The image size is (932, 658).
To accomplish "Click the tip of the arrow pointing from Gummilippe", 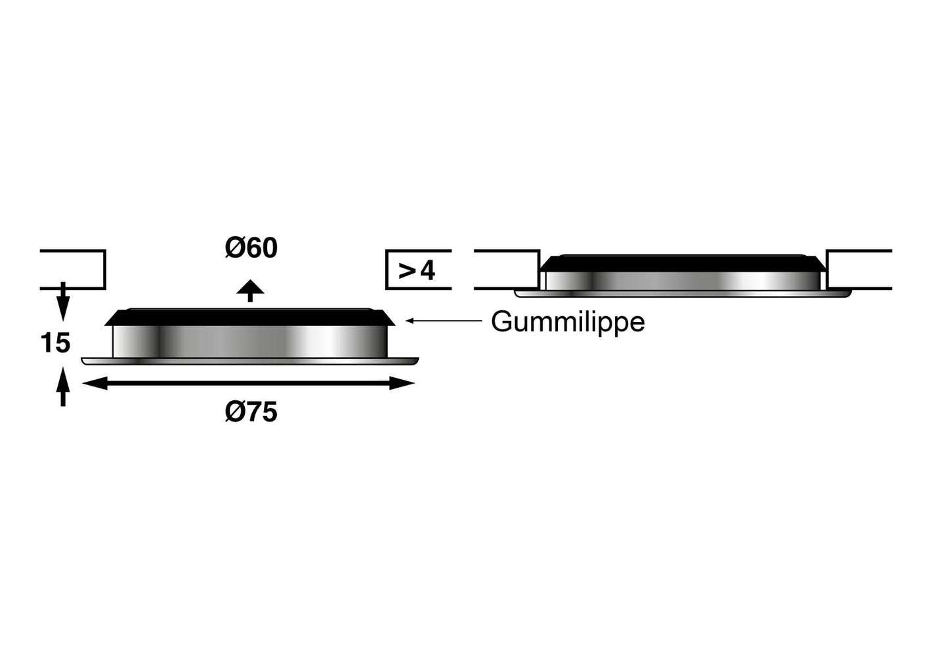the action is pos(406,320).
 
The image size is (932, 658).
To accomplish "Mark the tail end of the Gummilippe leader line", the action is pos(482,320).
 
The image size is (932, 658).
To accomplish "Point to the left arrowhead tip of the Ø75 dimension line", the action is pos(83,383).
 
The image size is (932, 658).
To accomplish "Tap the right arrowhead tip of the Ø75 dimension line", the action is pos(415,383).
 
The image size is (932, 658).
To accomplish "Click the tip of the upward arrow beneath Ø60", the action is pos(250,280).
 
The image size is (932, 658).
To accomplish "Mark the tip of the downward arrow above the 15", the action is pos(63,321).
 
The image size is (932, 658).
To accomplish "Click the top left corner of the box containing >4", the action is pos(386,251).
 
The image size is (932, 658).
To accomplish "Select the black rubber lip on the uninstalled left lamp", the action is pos(249,317).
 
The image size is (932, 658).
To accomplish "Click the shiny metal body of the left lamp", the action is pos(250,342).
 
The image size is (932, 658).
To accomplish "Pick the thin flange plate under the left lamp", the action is pos(250,361).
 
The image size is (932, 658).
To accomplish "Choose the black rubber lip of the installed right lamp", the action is pos(683,263).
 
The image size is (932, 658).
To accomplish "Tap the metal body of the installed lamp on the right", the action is pos(683,281).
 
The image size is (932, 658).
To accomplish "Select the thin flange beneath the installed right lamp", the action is pos(683,294).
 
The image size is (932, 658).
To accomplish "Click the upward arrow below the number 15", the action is pos(63,386).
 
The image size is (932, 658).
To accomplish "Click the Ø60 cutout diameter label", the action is pos(251,248).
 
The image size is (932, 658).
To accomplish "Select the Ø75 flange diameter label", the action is pos(251,413).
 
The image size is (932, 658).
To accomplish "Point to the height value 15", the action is pos(55,342).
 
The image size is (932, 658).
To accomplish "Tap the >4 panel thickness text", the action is pos(417,271).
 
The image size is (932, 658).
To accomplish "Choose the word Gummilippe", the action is pos(568,322).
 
